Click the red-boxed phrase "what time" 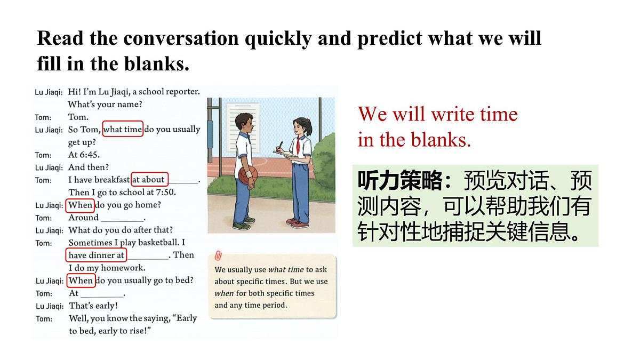[123, 129]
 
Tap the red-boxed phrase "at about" [149, 179]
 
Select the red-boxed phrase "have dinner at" [97, 255]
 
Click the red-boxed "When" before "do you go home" [81, 205]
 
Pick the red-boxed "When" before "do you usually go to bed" [81, 280]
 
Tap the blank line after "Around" [122, 219]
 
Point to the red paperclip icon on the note [218, 256]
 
